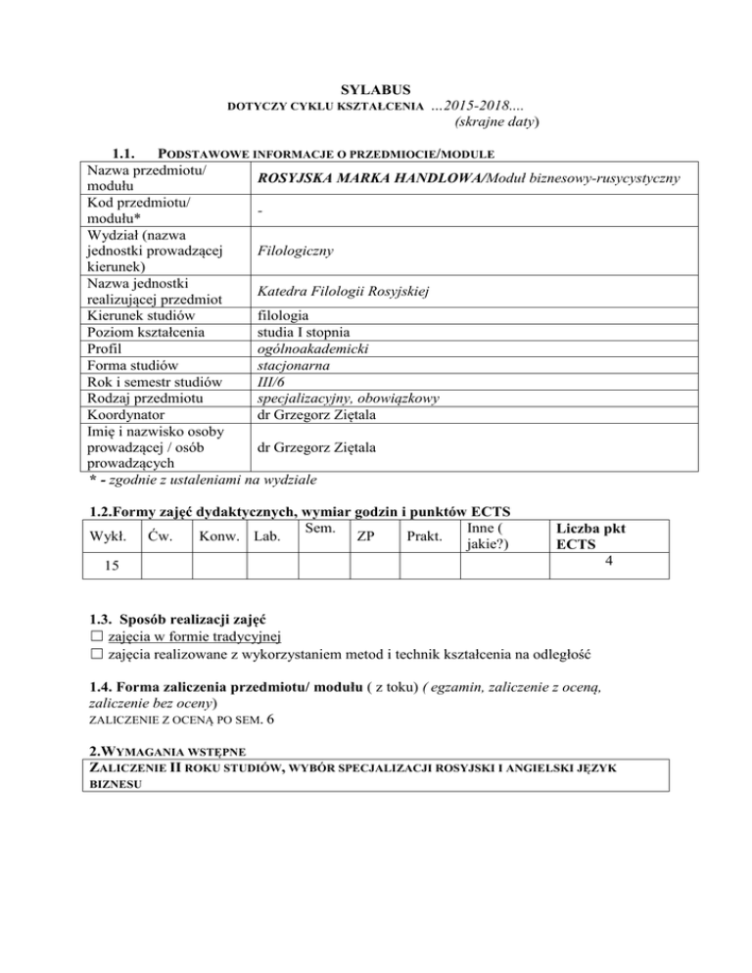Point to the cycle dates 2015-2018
[489, 106]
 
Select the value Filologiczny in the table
[294, 252]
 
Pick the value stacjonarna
[296, 367]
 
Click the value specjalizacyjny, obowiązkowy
[348, 399]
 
